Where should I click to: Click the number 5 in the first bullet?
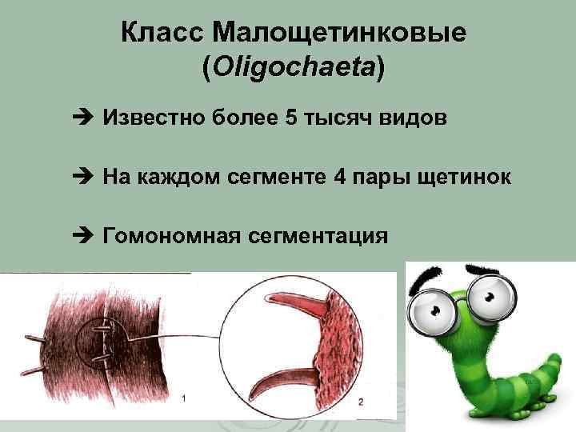(x=290, y=119)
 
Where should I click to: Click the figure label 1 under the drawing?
(x=185, y=398)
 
